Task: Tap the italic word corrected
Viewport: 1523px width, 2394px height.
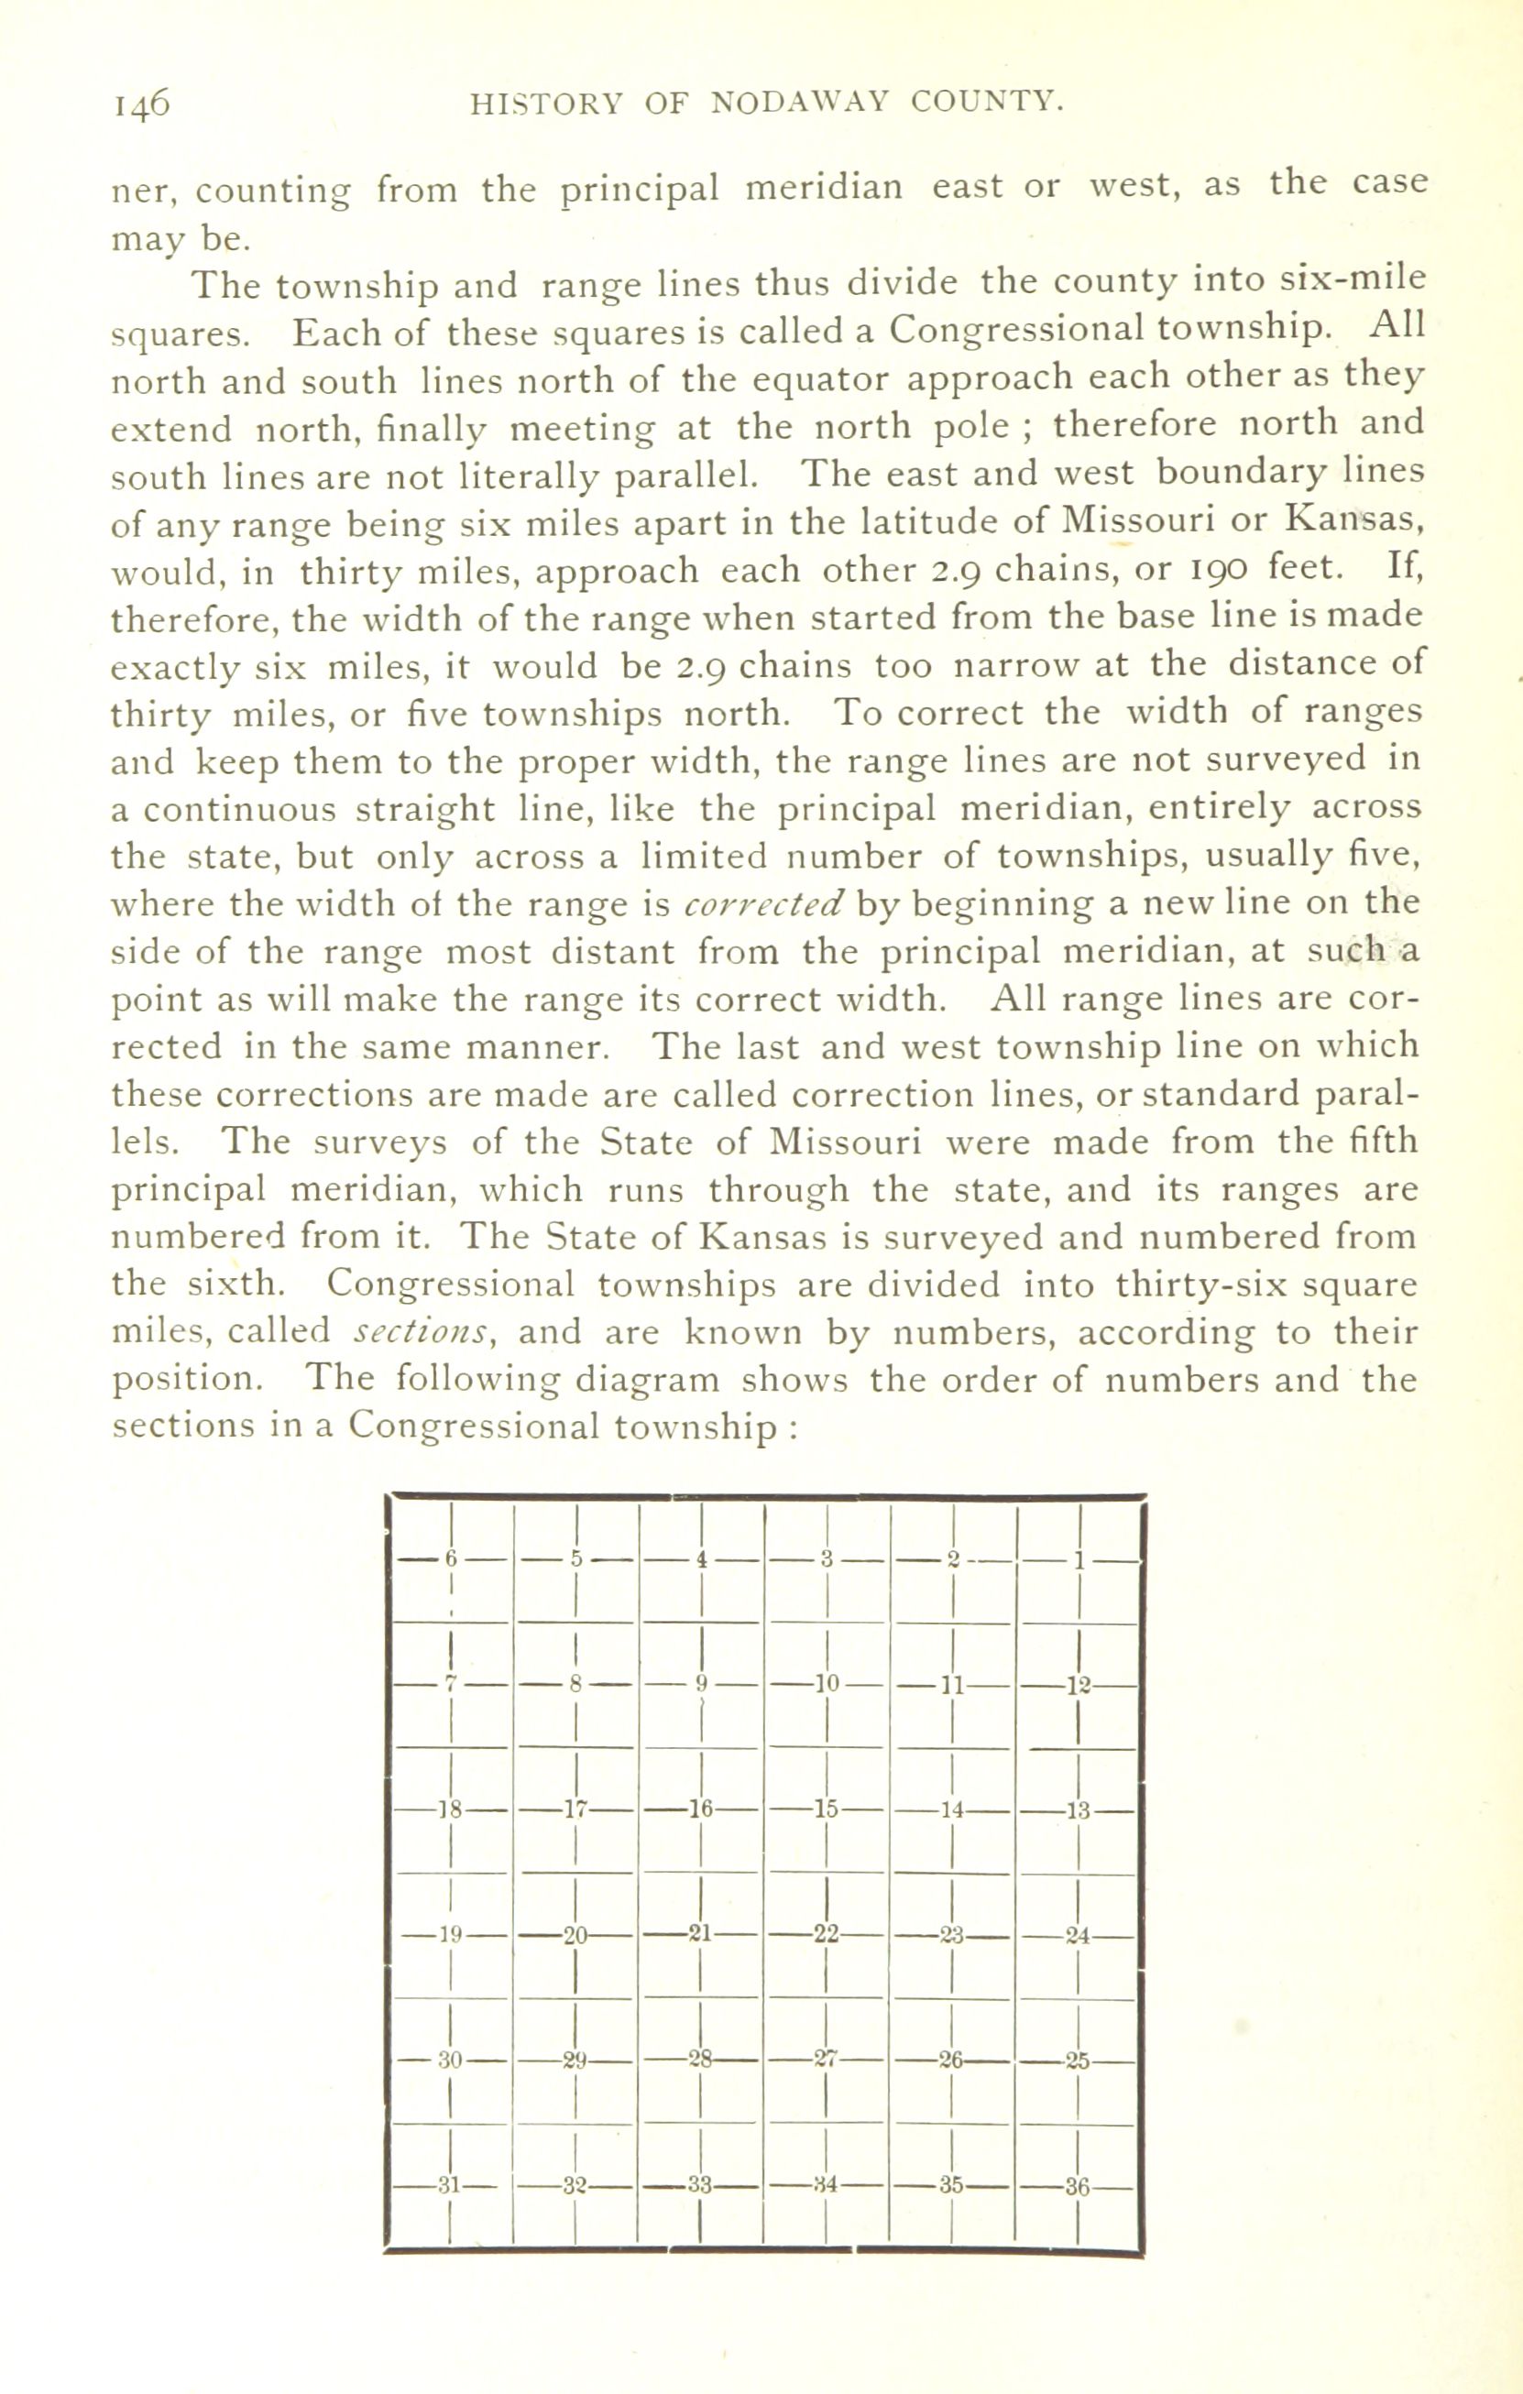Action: tap(764, 903)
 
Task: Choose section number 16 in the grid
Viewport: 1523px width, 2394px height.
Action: tap(701, 1809)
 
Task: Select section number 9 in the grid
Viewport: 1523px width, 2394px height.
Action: tap(701, 1684)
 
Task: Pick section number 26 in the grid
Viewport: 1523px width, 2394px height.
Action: tap(951, 2061)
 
